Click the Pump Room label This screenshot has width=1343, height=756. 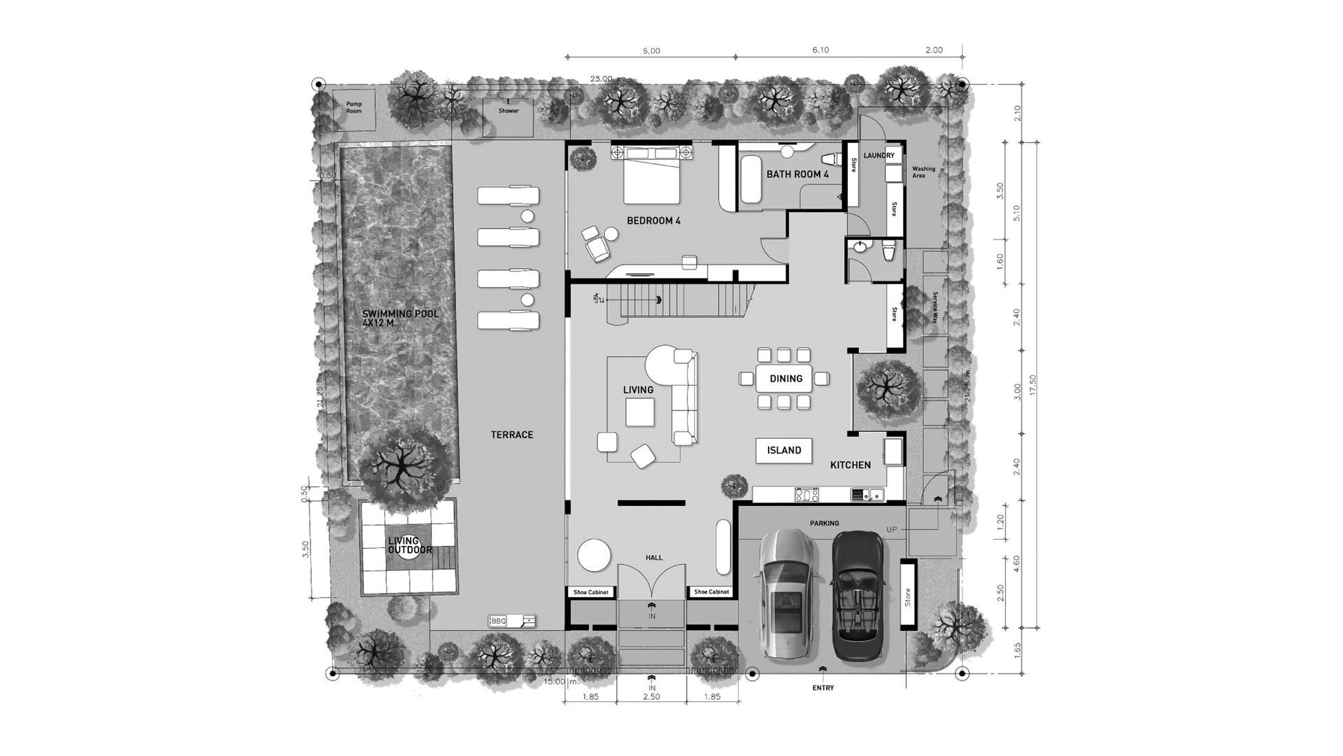354,107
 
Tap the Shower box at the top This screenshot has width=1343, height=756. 509,111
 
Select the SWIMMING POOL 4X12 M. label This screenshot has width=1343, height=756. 401,318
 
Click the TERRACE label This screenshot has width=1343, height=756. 512,435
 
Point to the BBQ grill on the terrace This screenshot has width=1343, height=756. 512,621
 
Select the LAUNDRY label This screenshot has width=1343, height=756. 879,155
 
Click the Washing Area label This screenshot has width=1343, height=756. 923,172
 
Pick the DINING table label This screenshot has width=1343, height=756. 786,379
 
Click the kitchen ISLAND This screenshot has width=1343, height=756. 784,450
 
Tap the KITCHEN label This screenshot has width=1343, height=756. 850,465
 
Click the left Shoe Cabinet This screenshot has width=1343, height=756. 591,592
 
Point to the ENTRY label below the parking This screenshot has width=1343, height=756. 823,688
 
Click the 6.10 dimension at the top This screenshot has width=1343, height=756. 820,50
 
